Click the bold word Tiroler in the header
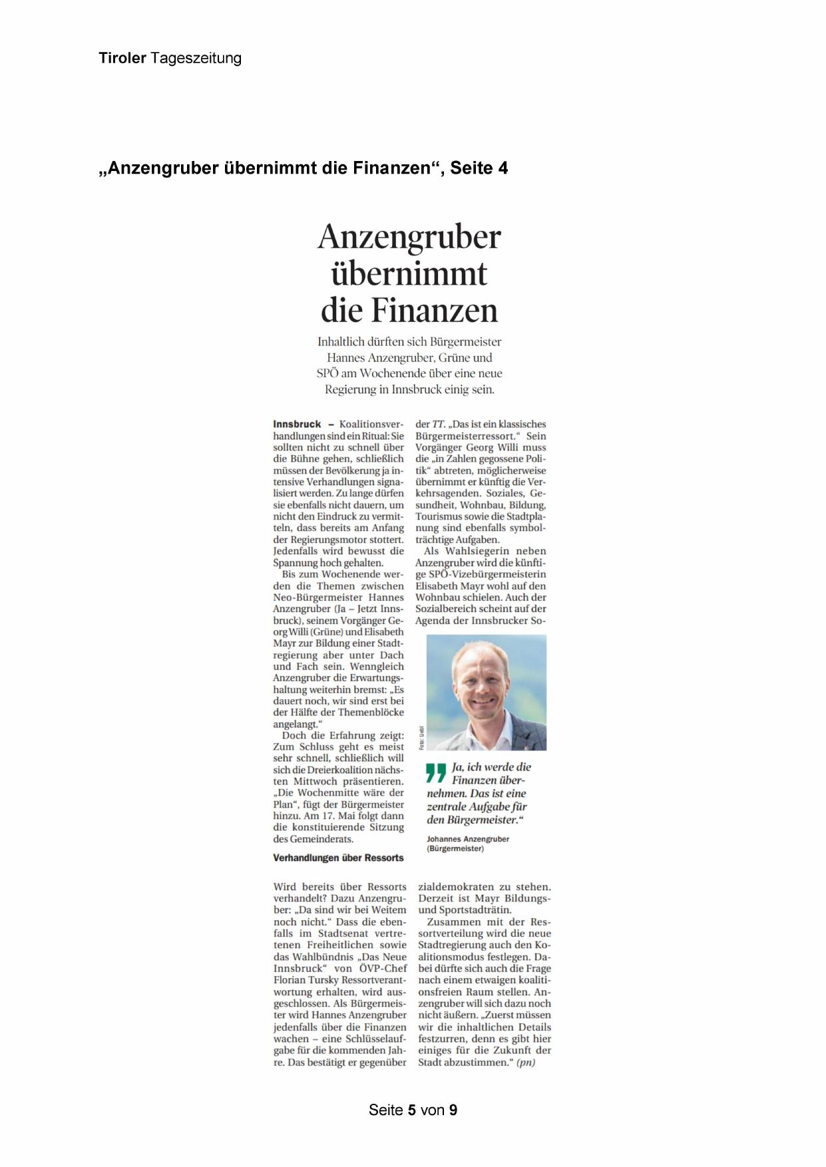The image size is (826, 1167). coord(122,59)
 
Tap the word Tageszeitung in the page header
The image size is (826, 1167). coord(196,59)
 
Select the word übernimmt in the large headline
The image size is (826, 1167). coord(409,273)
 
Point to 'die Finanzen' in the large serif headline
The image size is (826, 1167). coord(409,310)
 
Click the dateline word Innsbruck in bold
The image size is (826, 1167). coord(297,424)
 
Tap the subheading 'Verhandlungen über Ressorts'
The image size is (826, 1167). coord(338,858)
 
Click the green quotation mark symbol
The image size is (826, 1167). coord(436,772)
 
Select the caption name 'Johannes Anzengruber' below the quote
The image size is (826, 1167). coord(468,839)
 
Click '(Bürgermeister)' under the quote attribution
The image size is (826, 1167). coord(455,849)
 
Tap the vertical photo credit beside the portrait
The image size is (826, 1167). coord(421,738)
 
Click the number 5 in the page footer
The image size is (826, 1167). coord(412,1110)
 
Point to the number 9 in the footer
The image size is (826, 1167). coord(453,1110)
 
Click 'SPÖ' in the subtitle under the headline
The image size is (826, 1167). coord(327,373)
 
